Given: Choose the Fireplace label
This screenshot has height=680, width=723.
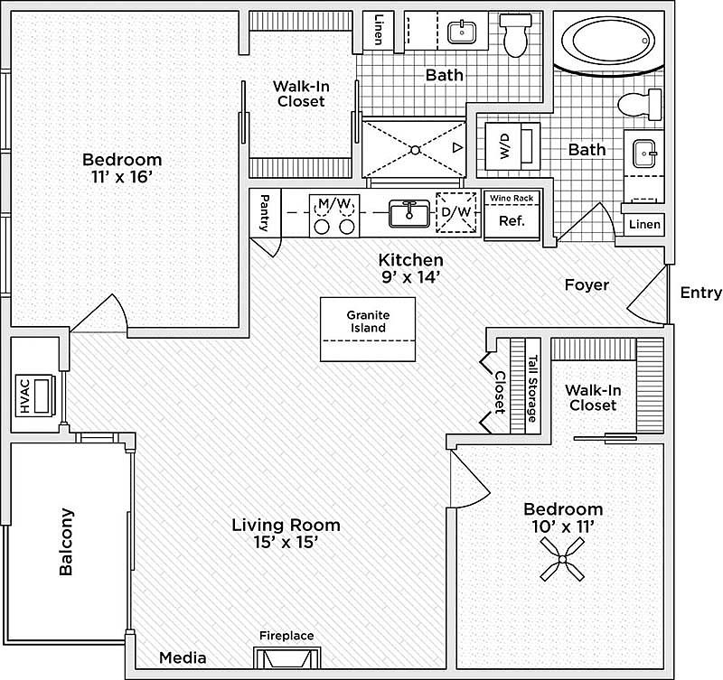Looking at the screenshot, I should click(x=286, y=636).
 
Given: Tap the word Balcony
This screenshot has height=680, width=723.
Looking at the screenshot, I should click(x=66, y=541).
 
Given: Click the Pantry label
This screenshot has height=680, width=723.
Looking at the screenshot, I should click(x=264, y=214).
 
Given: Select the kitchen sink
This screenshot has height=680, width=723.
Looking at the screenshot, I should click(x=409, y=214).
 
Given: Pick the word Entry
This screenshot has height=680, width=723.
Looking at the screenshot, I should click(x=700, y=293).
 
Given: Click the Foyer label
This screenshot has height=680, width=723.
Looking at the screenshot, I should click(x=587, y=284).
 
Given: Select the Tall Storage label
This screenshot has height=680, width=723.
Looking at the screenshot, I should click(x=532, y=387).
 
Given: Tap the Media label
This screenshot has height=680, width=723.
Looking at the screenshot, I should click(x=183, y=658).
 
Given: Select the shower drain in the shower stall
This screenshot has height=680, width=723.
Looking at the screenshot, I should click(x=414, y=148).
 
